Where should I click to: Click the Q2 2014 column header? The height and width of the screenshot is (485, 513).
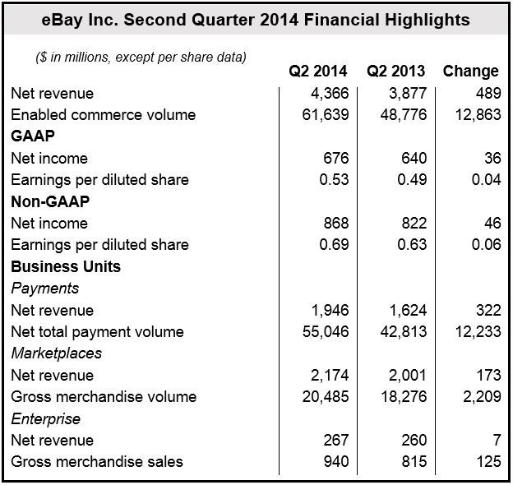(317, 72)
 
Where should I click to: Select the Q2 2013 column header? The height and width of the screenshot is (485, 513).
(396, 72)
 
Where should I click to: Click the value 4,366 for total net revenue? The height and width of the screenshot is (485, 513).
(330, 94)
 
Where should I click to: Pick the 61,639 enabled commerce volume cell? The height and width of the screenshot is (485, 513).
(326, 115)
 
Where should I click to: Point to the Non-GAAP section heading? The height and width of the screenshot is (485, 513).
(50, 201)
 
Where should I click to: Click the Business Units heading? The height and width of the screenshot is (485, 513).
(66, 266)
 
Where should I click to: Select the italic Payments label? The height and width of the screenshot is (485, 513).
(45, 289)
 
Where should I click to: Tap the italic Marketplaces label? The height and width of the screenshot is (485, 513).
(56, 353)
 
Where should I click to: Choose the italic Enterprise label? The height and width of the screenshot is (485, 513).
(45, 419)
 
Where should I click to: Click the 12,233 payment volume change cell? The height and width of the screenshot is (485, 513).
(478, 332)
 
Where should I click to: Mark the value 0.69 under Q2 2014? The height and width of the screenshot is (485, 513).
(334, 245)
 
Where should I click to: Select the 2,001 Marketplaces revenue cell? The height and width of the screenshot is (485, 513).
(408, 375)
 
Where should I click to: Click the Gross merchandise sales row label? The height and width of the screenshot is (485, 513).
(97, 462)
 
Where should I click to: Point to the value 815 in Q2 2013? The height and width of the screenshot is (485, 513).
(414, 462)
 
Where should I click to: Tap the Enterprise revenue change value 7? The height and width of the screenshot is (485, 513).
(497, 440)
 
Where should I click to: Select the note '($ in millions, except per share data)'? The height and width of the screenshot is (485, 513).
(141, 58)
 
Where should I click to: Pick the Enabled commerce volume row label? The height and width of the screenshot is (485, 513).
(104, 115)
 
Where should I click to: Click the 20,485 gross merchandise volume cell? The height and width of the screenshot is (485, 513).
(326, 397)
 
